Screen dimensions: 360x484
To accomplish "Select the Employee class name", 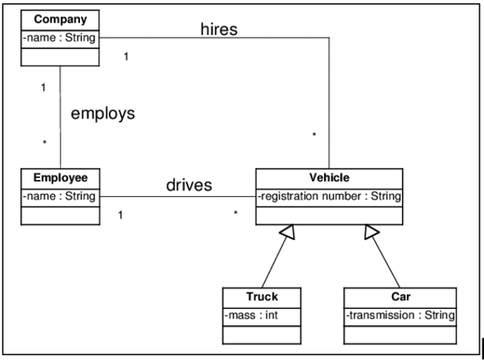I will [61, 176].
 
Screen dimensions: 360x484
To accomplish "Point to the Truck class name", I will [262, 296].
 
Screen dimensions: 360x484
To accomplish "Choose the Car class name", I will [400, 296].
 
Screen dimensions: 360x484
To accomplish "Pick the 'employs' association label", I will [103, 113].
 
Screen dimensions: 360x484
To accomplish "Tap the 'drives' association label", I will [189, 186].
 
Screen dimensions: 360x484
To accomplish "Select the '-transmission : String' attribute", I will [400, 315].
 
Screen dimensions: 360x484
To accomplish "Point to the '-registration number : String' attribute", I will [328, 195].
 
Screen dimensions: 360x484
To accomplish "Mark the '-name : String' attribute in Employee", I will [61, 195].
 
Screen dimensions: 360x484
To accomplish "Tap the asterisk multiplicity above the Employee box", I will [45, 142].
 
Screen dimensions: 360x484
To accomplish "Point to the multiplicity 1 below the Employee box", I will [119, 215].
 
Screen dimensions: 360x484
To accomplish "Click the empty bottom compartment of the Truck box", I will [262, 334].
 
